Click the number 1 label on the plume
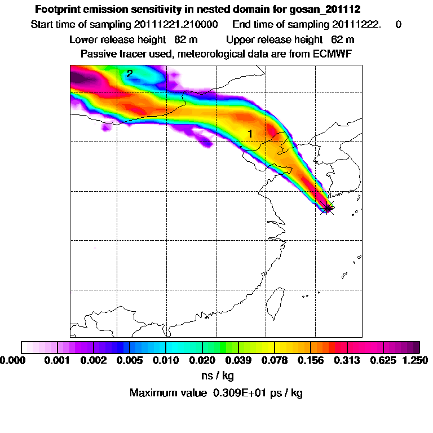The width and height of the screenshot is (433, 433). tap(249, 134)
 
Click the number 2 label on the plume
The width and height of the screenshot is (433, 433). tap(130, 74)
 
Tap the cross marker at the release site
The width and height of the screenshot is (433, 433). tap(327, 208)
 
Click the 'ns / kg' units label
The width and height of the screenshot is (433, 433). tap(216, 374)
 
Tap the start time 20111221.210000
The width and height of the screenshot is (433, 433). tap(183, 25)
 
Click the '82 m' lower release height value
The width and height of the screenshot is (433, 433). tap(178, 39)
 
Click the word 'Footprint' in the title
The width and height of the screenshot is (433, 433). tap(58, 10)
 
